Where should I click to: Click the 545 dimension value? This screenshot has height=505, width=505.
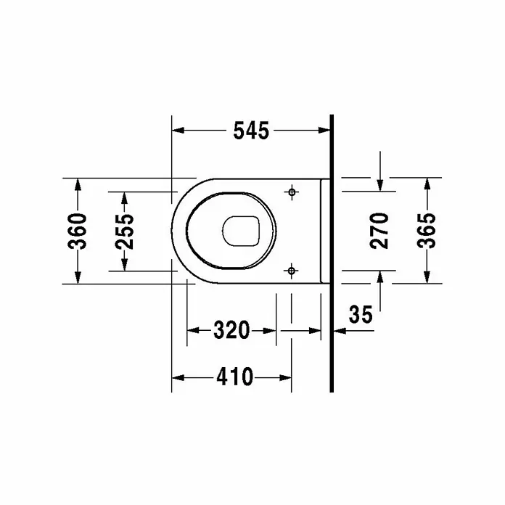click(251, 131)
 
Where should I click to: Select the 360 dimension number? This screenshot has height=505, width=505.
click(78, 231)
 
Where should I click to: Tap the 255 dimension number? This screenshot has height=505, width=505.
click(124, 231)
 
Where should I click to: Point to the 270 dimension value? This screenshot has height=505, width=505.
click(379, 231)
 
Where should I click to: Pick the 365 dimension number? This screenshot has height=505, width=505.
click(426, 231)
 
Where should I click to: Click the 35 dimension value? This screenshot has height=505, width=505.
click(361, 314)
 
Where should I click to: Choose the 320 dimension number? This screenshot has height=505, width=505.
click(231, 330)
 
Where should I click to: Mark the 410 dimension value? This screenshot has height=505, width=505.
click(235, 377)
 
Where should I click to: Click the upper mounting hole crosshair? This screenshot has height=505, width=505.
click(292, 192)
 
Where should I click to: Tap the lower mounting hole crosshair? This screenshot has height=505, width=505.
click(292, 271)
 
